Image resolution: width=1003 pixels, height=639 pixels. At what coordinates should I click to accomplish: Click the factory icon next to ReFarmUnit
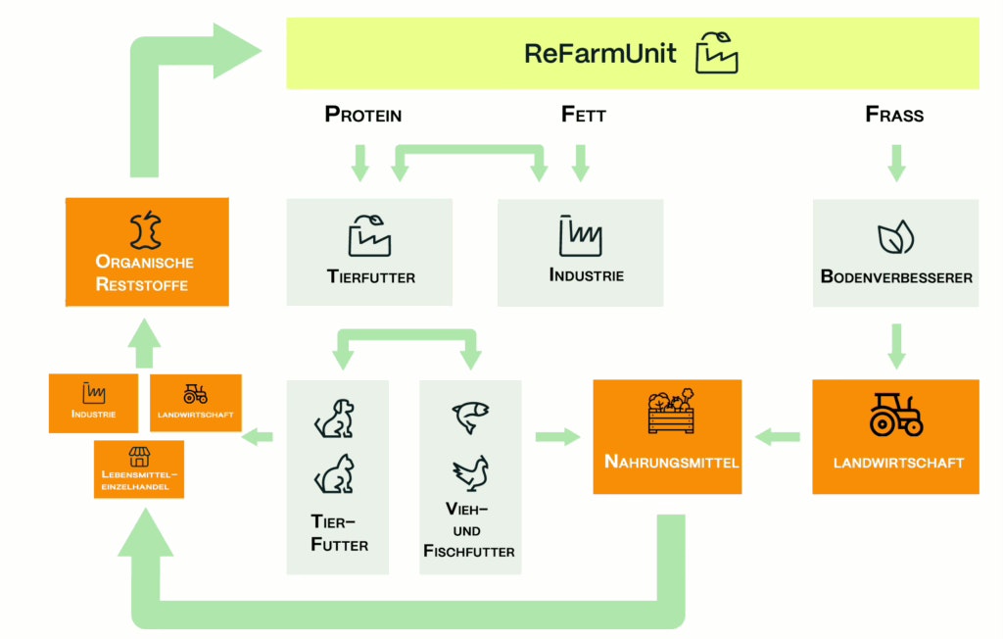click(716, 53)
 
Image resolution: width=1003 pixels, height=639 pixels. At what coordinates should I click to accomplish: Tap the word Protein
click(363, 115)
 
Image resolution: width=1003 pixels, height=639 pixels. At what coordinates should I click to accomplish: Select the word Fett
click(584, 115)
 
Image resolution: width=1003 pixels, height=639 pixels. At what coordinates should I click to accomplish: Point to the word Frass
click(894, 115)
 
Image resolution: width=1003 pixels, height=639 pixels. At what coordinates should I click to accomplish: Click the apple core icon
click(145, 228)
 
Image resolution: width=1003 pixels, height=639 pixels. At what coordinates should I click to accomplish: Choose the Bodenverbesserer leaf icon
click(895, 238)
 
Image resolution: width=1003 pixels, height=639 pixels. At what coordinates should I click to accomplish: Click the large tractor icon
click(896, 415)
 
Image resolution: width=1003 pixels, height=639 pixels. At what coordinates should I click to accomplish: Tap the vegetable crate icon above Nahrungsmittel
click(671, 412)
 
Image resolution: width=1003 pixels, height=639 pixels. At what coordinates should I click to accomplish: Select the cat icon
click(334, 474)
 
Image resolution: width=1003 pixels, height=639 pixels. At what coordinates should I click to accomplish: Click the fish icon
click(470, 416)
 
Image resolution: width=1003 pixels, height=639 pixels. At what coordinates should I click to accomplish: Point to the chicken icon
click(470, 473)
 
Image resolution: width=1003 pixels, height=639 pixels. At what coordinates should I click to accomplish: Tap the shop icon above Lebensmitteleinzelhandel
click(139, 457)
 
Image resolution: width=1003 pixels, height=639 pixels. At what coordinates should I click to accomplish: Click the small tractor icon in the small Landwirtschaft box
click(195, 394)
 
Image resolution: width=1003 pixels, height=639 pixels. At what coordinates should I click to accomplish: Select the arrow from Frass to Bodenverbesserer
click(896, 162)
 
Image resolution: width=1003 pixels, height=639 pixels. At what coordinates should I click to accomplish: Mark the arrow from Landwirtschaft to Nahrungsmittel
click(778, 437)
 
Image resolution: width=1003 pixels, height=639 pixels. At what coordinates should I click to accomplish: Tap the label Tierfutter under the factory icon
click(370, 277)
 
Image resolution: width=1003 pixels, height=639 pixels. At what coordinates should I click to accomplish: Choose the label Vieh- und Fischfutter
click(469, 530)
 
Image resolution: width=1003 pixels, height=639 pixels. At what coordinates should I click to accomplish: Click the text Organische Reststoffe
click(145, 273)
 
